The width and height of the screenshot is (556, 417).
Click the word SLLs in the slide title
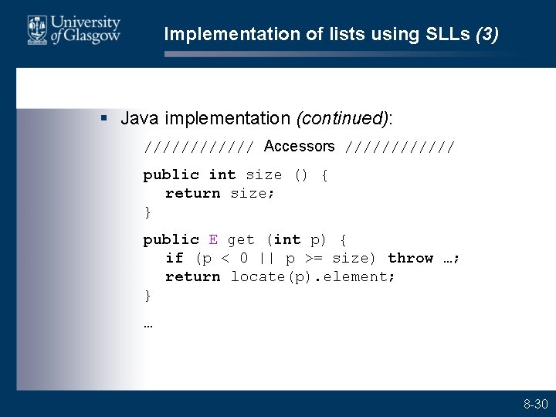pos(449,34)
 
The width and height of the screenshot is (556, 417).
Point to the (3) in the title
pos(487,34)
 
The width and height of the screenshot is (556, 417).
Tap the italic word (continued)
pos(342,118)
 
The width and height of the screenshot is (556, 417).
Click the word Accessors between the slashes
pos(299,146)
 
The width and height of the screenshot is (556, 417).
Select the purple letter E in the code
pos(213,240)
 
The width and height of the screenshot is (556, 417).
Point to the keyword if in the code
pos(175,259)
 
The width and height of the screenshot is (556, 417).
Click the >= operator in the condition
pos(314,259)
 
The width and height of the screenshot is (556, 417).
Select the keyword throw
pos(410,259)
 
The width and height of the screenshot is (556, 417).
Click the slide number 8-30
pos(535,404)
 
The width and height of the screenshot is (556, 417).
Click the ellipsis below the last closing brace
pos(148,324)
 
